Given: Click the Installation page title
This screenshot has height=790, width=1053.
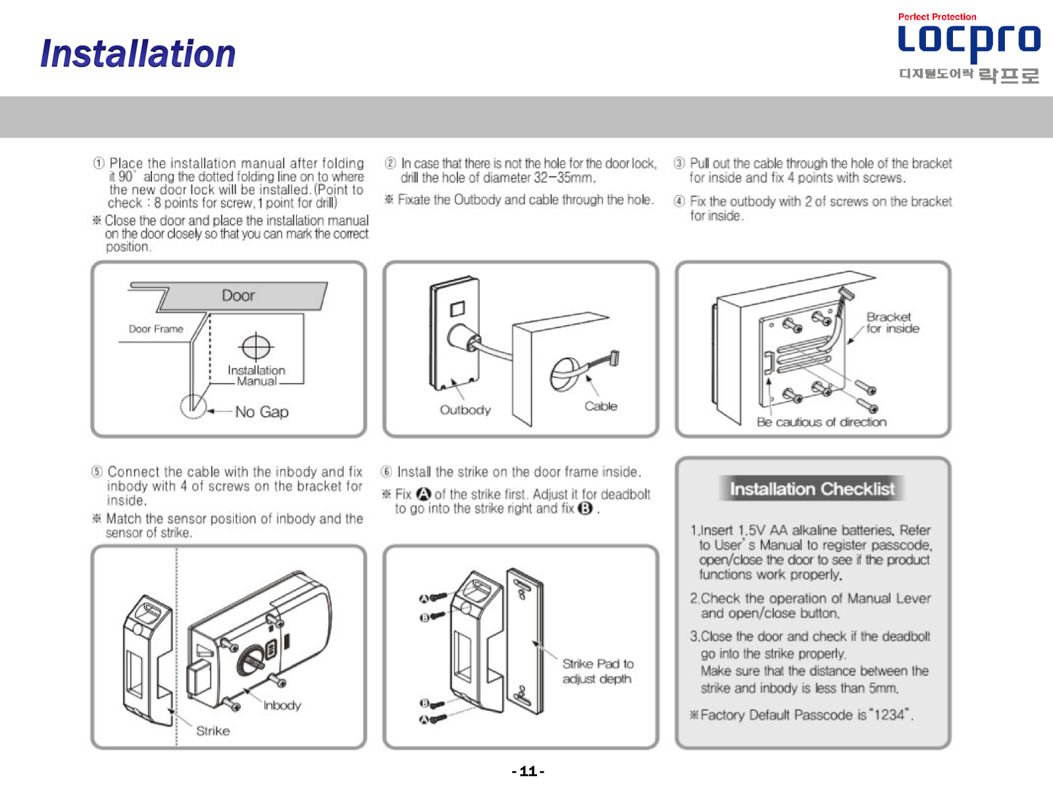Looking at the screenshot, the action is point(138,53).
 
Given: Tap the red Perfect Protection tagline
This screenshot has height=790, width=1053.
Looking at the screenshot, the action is point(937,17).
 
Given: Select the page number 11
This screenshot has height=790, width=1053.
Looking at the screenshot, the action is point(528,772).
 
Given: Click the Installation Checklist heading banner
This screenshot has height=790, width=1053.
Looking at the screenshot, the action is point(811,488).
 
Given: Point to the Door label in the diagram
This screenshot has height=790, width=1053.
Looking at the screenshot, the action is point(238,295).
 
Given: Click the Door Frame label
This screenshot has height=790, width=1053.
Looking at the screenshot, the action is point(156,329).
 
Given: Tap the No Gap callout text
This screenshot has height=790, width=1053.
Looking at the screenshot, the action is point(262,411).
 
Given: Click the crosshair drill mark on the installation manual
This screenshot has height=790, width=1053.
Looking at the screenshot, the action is point(256,346).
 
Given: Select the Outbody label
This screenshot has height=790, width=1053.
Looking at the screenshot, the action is point(465,410).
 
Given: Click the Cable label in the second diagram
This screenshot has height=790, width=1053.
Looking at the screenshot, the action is point(601,406).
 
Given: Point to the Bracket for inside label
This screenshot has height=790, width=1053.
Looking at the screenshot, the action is point(893,323).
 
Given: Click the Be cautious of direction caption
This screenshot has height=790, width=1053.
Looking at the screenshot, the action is point(822,422).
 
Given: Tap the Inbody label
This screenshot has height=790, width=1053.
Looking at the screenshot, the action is point(282,705).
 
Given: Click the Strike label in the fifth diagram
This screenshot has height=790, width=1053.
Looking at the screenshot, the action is point(213,731).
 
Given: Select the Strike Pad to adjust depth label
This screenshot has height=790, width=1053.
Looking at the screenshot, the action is point(598,671).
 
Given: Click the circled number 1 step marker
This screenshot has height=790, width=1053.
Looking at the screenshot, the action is point(98,163).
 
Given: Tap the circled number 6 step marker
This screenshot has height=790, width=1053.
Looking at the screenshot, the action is point(386,471).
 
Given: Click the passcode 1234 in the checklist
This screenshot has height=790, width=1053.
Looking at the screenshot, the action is point(888,715).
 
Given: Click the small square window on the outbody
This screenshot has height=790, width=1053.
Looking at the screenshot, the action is point(457,308).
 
